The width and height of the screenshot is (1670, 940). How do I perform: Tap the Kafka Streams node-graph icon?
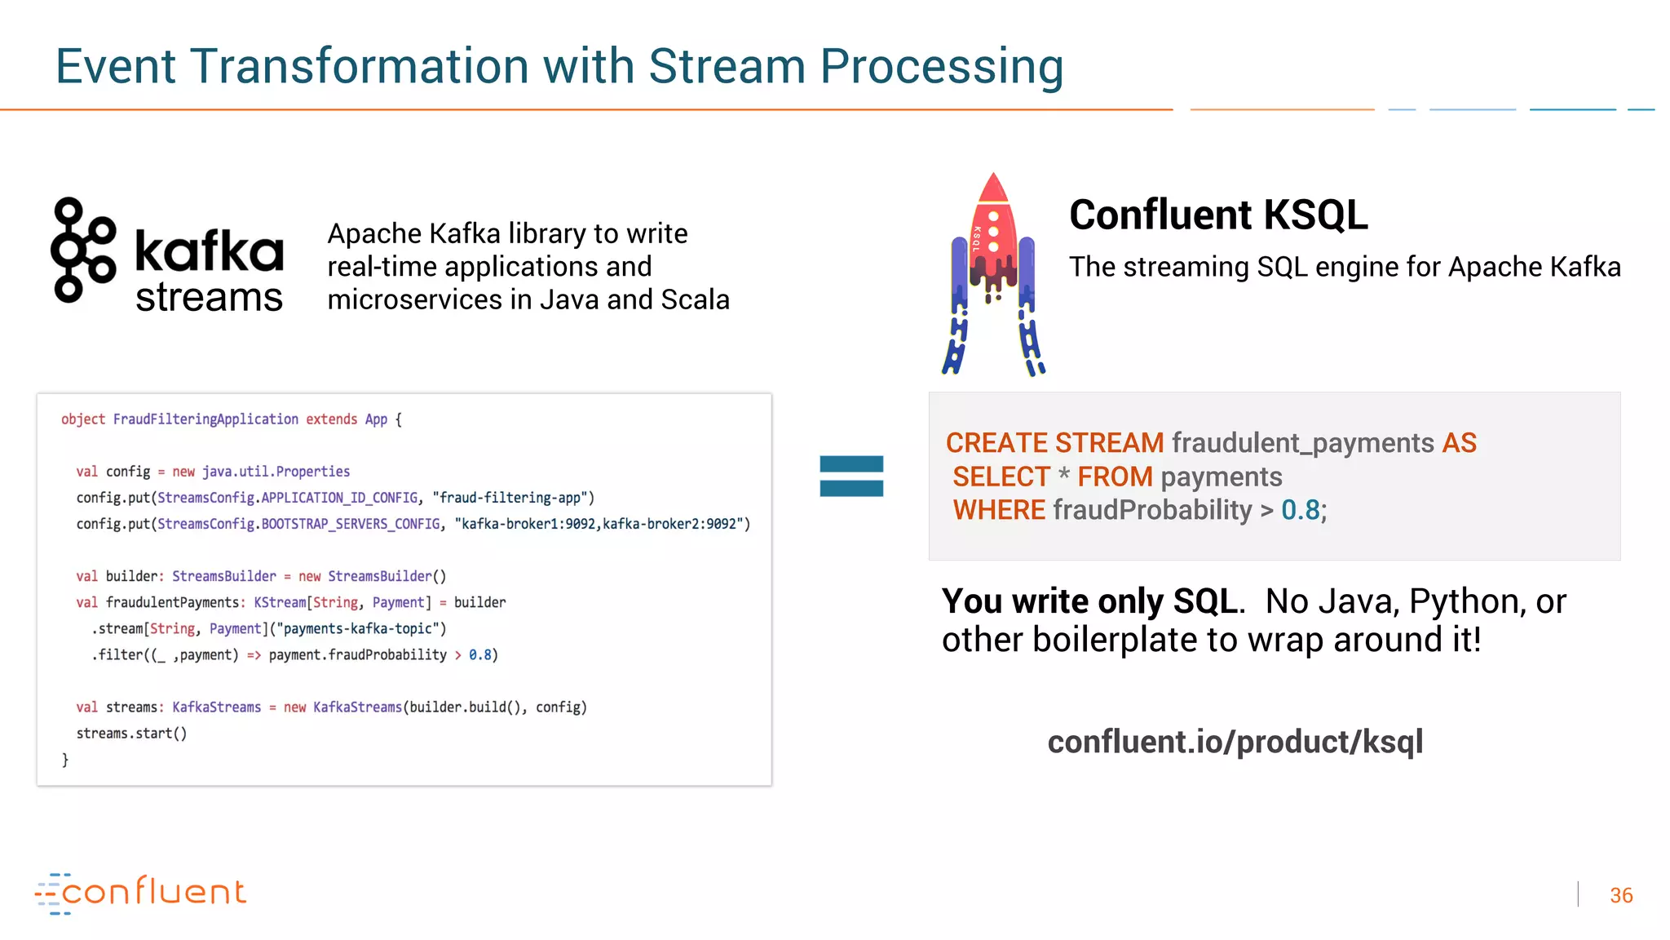[x=82, y=250]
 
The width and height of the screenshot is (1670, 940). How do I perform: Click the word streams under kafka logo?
[x=209, y=297]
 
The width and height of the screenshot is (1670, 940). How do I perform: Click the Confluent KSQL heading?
[x=1218, y=215]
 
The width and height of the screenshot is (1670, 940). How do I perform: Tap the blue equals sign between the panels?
[x=851, y=476]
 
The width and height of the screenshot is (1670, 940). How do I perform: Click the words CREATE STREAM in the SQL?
[x=1054, y=443]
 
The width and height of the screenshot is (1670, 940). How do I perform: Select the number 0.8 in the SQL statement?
[x=1300, y=510]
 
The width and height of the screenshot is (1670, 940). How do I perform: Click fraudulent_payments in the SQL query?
[x=1302, y=443]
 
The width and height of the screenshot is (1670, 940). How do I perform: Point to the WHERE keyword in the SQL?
[x=999, y=510]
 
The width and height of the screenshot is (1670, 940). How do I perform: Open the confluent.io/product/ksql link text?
[x=1235, y=742]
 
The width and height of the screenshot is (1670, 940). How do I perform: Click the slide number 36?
[x=1620, y=895]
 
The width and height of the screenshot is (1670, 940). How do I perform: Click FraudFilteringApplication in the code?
[x=205, y=419]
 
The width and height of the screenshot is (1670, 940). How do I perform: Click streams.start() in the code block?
[x=131, y=734]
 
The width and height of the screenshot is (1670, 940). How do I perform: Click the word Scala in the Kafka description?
[x=695, y=299]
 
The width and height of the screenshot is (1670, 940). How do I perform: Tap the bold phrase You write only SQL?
[x=1089, y=601]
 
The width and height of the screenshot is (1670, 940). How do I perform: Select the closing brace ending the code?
[x=65, y=760]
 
